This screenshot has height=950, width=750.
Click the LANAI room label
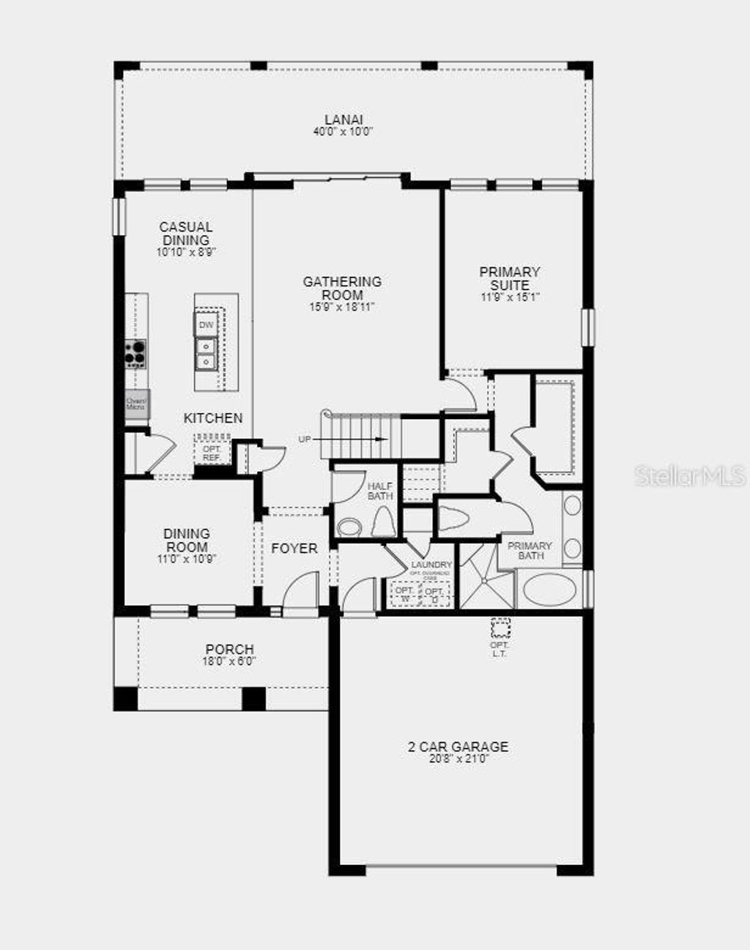344,119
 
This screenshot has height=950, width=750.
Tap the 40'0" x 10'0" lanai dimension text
344,132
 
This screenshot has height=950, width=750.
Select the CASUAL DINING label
186,234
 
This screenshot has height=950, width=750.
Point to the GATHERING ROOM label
342,288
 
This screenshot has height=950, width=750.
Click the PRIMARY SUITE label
510,278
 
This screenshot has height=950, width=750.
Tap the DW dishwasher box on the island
207,324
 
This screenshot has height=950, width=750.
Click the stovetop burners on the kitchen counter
135,354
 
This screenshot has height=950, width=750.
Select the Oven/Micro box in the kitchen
136,404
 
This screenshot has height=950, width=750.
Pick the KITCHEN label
212,418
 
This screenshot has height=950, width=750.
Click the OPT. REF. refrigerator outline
212,453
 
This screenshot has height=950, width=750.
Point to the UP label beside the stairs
305,439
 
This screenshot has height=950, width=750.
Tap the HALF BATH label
380,491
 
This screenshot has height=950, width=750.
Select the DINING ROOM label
186,540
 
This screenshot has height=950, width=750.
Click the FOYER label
294,548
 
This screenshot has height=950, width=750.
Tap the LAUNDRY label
431,565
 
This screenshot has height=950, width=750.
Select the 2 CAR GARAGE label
458,746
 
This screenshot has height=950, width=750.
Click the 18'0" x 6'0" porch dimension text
230,661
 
